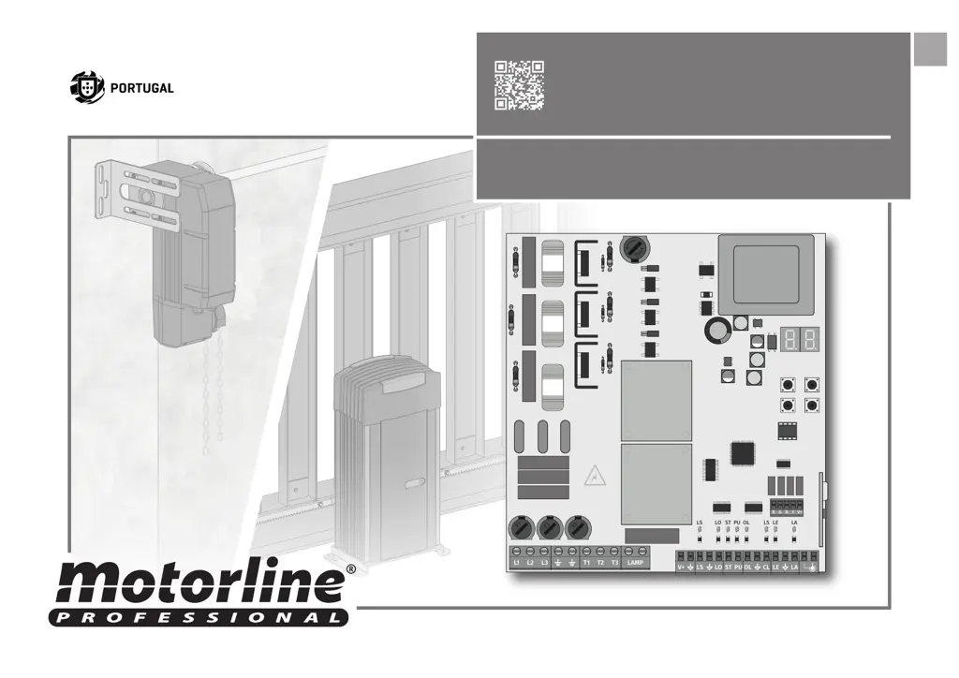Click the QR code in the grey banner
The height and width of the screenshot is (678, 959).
[519, 86]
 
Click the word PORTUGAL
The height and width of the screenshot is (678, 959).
[142, 88]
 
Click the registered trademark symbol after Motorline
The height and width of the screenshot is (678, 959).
[350, 568]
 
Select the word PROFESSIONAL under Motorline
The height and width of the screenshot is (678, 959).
[198, 617]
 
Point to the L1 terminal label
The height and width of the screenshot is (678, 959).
[516, 563]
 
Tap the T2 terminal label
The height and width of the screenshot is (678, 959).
[600, 563]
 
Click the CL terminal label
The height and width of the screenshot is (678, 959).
[765, 567]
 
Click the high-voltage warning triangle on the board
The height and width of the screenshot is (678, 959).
[592, 479]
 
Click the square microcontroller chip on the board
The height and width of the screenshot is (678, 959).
[743, 452]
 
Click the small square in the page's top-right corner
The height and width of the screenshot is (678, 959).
[930, 50]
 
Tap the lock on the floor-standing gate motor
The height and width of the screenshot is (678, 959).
[415, 485]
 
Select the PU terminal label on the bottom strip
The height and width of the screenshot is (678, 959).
[737, 567]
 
